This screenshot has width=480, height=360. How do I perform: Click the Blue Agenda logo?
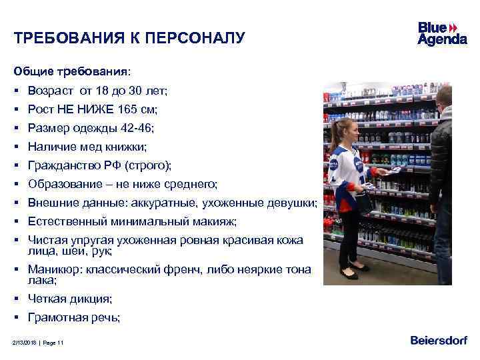point(442,33)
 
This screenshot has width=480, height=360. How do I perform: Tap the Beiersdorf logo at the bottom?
point(439,341)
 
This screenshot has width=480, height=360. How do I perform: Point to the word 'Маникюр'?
point(57,270)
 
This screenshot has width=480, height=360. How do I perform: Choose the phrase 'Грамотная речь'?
point(73,318)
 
